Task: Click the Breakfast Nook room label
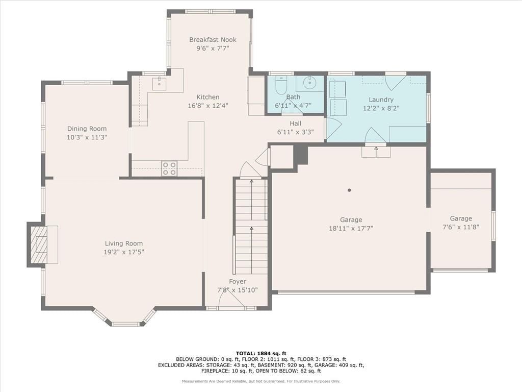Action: click(x=213, y=40)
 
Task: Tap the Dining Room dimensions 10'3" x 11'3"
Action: click(x=87, y=137)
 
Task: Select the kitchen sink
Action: click(x=160, y=83)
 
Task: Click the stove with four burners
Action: click(x=169, y=168)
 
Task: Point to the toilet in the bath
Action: click(x=281, y=85)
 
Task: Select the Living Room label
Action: click(x=124, y=243)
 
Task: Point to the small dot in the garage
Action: click(x=349, y=190)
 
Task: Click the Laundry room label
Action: click(x=381, y=100)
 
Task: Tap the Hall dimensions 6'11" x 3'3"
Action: click(x=296, y=132)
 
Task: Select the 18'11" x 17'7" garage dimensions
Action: click(x=351, y=228)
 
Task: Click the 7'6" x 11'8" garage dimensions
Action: click(x=461, y=227)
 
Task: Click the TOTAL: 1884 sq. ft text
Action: click(x=261, y=353)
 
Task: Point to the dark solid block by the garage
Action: click(x=300, y=155)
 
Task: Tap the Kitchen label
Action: click(x=208, y=97)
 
